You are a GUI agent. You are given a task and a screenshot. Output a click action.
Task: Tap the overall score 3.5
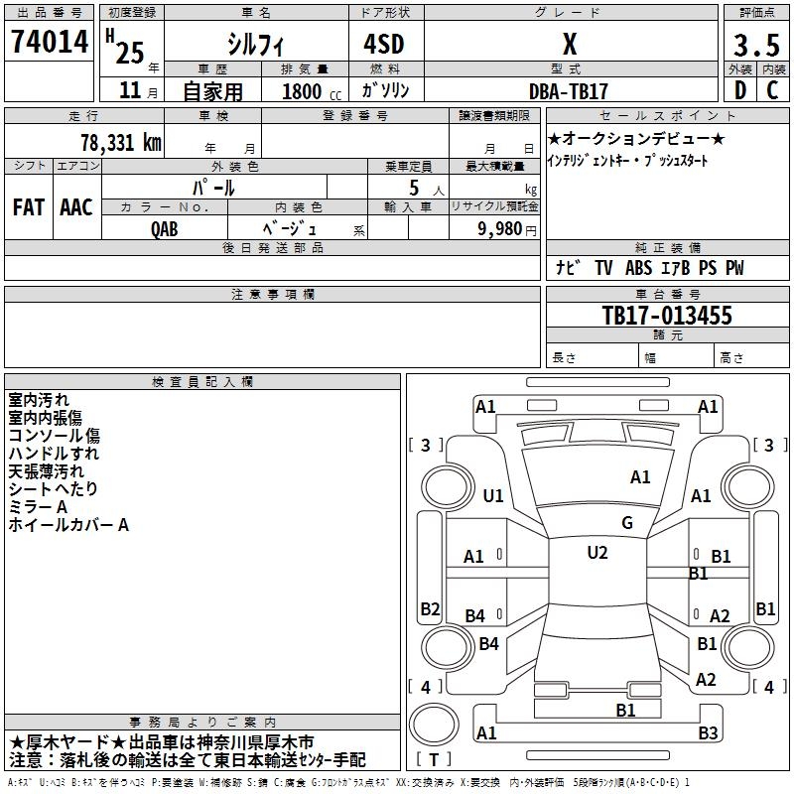click(756, 46)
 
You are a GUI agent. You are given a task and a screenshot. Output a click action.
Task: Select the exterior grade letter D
click(739, 89)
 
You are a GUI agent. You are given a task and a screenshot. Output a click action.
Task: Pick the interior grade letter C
click(772, 89)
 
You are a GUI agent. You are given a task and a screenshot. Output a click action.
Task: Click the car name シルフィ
click(255, 46)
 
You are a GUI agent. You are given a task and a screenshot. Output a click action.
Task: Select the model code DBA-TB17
click(569, 90)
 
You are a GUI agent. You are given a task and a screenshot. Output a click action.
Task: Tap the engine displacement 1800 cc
click(304, 91)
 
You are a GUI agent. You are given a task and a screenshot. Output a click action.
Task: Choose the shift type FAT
click(28, 206)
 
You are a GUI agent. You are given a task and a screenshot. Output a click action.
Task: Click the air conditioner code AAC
click(76, 206)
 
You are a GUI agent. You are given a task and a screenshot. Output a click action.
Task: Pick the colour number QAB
click(165, 228)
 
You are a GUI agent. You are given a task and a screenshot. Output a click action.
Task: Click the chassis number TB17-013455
click(667, 316)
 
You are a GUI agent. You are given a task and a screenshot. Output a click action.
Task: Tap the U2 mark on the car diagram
click(596, 553)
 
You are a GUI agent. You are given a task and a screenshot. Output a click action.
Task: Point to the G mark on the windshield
click(627, 522)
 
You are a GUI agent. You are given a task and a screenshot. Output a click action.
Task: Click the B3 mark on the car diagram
click(708, 733)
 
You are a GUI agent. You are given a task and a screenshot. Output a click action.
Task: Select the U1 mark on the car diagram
click(492, 495)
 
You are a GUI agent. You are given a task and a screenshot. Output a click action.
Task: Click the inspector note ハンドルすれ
click(54, 454)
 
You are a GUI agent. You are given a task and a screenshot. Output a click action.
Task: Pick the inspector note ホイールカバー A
click(68, 525)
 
